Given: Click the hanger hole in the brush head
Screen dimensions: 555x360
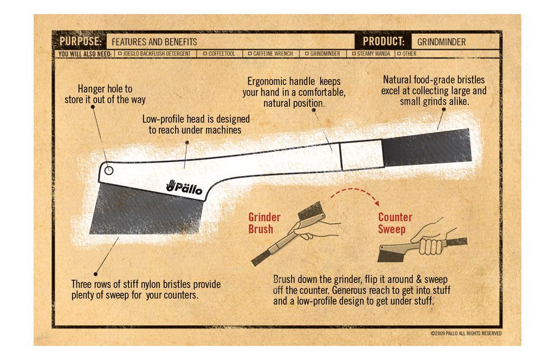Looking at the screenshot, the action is coord(109,170).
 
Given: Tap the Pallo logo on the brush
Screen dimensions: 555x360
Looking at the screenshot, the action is coord(184,187).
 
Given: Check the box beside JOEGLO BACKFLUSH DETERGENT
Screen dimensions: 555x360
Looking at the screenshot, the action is coord(120,54).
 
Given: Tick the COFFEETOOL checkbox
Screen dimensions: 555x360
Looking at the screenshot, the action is coord(205,54).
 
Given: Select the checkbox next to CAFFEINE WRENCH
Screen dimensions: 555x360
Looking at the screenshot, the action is coord(250,54).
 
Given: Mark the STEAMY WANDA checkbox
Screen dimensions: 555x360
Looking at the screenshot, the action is coord(353,54).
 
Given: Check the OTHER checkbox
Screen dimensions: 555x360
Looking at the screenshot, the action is coord(399,54).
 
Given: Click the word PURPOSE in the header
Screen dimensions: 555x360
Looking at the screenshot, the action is coord(80,41).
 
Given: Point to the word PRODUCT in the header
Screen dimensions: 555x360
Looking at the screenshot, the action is coord(383,41).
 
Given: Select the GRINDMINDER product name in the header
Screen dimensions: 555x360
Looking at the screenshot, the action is coord(441,42).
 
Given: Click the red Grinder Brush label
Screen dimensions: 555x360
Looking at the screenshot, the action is coord(264,223).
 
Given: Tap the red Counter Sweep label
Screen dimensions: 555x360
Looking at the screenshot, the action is coord(395,223).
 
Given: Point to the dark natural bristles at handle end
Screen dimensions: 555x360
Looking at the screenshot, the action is coord(427,147).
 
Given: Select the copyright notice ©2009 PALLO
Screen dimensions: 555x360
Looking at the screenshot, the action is coord(466,333).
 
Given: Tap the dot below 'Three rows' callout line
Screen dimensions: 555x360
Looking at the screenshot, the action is coord(95,274).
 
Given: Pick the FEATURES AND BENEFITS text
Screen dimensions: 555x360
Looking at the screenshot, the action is coord(154,42).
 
